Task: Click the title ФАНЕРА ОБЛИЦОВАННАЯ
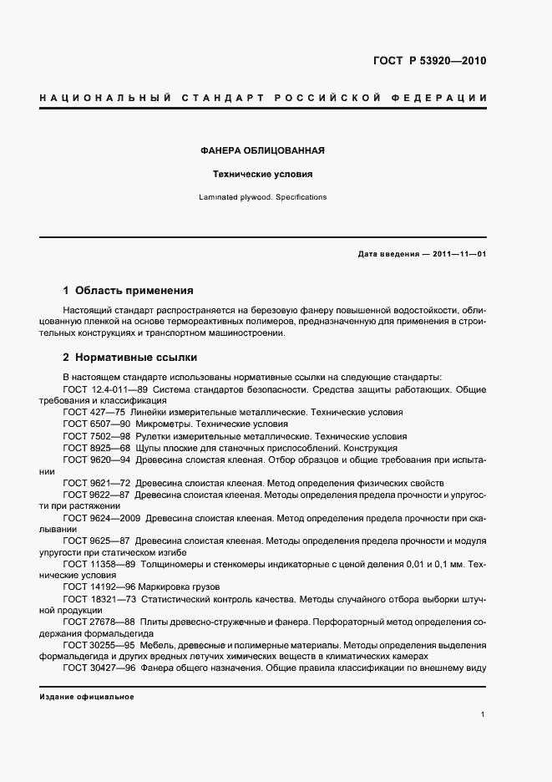(x=262, y=151)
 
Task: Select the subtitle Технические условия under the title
(x=262, y=175)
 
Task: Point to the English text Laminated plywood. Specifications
(x=262, y=198)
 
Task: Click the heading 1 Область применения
(x=128, y=291)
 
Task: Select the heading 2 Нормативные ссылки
(x=129, y=358)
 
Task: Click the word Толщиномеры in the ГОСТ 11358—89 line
(x=171, y=565)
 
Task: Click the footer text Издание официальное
(x=87, y=697)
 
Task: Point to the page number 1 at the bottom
(x=484, y=715)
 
